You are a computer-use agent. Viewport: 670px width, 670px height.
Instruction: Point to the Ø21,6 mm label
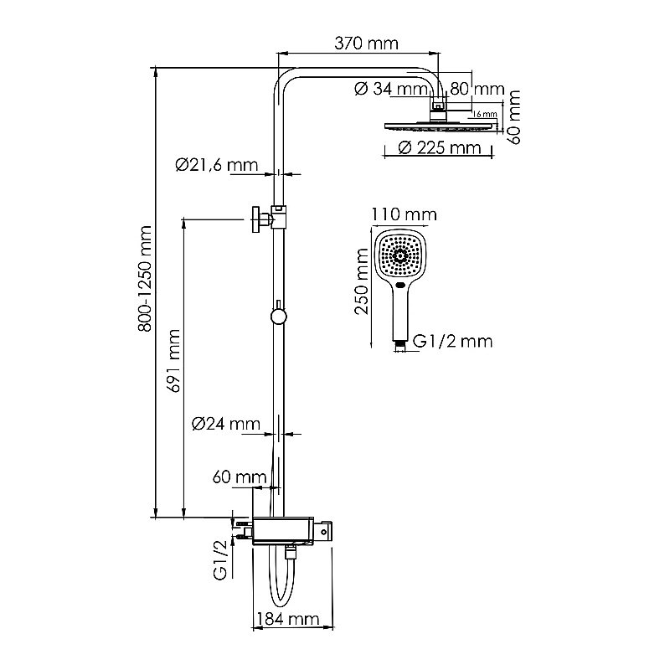click(x=216, y=165)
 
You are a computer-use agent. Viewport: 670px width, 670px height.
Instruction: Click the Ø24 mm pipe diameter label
click(x=224, y=424)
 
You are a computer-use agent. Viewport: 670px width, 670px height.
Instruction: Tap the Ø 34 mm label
click(x=391, y=89)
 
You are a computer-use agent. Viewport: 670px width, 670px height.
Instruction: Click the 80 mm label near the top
click(x=476, y=89)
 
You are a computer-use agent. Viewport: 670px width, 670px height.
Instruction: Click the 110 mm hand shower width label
click(x=404, y=215)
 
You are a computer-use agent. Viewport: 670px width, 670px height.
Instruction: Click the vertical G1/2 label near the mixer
click(x=220, y=560)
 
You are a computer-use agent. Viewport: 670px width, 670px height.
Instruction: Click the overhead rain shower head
click(x=438, y=125)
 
